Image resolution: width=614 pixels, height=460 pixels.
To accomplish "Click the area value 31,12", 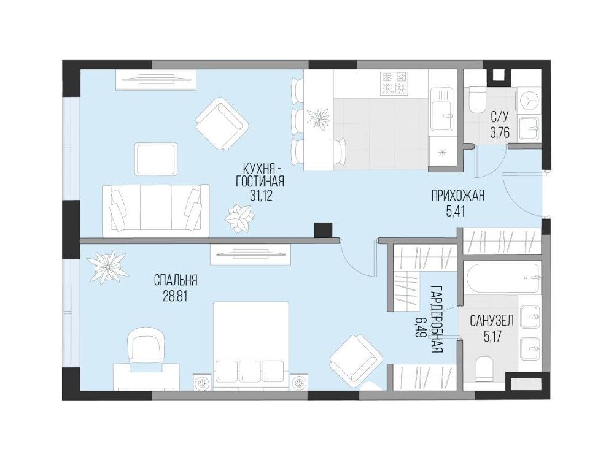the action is (x=261, y=195).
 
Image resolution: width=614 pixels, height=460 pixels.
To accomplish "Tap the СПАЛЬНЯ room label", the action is (x=176, y=280).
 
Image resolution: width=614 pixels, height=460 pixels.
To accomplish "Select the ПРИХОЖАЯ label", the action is (x=458, y=195).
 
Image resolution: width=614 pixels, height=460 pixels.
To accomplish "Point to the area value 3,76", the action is (x=500, y=133).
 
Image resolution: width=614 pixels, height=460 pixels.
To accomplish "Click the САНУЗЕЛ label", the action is (x=492, y=321).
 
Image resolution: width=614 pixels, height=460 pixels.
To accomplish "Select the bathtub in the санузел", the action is (x=502, y=278).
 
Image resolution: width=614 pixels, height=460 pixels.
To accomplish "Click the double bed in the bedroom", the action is (x=251, y=345).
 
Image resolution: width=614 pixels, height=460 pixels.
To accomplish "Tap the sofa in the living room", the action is (x=156, y=210).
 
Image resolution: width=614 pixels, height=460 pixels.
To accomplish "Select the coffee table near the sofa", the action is (x=156, y=159).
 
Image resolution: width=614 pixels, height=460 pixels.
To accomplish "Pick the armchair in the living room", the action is (x=222, y=124).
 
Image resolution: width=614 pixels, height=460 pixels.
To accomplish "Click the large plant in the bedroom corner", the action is (x=107, y=267).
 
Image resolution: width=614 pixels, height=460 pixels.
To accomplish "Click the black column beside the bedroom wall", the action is (x=323, y=229).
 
